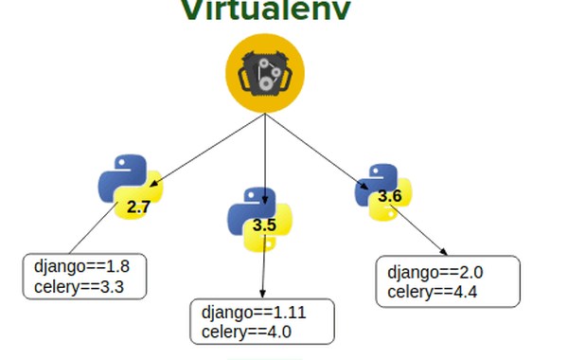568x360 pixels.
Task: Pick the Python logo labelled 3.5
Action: tap(257, 219)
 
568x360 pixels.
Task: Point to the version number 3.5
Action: tap(265, 225)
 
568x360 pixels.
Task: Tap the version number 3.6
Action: tap(390, 196)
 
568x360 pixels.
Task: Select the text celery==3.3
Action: tap(73, 285)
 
